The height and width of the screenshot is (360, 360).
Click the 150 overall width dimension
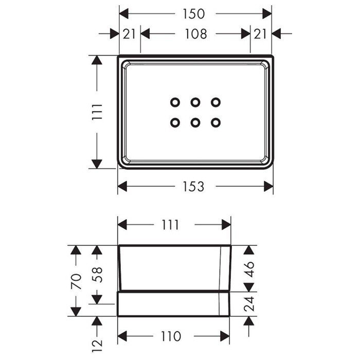point(193,14)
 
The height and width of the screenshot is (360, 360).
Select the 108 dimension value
point(196,34)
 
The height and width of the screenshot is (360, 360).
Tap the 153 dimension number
point(193,186)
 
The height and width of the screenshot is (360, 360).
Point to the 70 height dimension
point(76,281)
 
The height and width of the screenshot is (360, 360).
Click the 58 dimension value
point(97,275)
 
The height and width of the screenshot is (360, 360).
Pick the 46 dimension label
point(249,269)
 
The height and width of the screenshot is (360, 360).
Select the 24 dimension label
point(249,304)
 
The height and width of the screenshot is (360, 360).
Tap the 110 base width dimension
point(171,336)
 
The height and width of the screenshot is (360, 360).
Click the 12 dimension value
point(97,346)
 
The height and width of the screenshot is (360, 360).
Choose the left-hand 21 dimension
point(129,34)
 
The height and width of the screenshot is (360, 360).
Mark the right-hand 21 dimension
point(260,34)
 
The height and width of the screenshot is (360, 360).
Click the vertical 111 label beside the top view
point(97,112)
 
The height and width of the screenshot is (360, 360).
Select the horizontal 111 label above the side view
point(170,225)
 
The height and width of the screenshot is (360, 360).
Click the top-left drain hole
point(175,102)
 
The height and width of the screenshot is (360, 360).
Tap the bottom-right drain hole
point(215,123)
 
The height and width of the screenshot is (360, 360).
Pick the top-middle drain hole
point(195,102)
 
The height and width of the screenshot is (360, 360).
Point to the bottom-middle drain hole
point(195,123)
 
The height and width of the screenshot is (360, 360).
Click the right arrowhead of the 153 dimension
point(268,186)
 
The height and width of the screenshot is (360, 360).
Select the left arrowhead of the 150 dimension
point(124,14)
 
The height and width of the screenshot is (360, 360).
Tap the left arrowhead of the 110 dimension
point(122,336)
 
